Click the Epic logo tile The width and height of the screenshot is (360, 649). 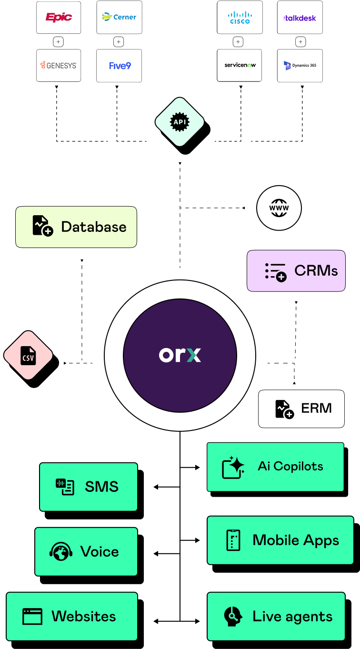click(x=59, y=18)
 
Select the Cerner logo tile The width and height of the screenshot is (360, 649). click(x=119, y=18)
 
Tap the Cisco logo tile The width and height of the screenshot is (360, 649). click(x=240, y=18)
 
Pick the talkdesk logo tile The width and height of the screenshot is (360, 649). click(x=300, y=18)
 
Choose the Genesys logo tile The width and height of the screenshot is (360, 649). click(x=59, y=66)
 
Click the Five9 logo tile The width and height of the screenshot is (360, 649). click(x=119, y=66)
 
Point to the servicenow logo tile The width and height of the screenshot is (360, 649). click(x=240, y=65)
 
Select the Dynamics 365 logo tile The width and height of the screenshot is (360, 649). click(x=300, y=66)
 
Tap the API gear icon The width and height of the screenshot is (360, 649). click(x=180, y=122)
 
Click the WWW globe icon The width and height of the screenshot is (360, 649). click(x=279, y=208)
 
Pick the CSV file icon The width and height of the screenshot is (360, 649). click(x=28, y=356)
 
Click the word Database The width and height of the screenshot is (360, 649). click(x=94, y=227)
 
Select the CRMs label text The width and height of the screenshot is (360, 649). click(x=316, y=270)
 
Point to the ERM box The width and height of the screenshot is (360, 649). click(x=301, y=409)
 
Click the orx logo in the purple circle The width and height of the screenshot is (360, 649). click(x=180, y=355)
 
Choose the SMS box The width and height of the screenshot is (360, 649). click(x=89, y=487)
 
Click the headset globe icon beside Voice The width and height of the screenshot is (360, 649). click(x=61, y=552)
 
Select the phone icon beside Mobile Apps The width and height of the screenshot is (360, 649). click(x=233, y=540)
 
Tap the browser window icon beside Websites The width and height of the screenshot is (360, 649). click(x=32, y=617)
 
